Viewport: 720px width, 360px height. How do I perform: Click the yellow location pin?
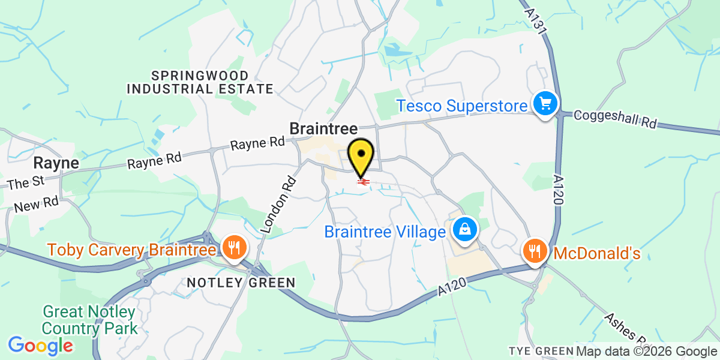[361, 157]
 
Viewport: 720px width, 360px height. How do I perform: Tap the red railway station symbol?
[362, 182]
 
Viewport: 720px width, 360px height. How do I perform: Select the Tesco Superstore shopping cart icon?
[545, 104]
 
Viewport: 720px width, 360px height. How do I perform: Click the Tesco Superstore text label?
[462, 106]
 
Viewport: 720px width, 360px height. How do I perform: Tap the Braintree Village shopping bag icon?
[464, 230]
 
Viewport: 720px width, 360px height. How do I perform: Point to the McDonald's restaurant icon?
[534, 250]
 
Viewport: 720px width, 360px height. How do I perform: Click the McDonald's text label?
[596, 253]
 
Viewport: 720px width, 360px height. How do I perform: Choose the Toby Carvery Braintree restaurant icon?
[232, 247]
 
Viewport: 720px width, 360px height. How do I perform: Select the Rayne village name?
[56, 163]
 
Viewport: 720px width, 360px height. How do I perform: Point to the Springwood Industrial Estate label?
[200, 82]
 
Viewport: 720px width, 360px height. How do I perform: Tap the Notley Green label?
[241, 283]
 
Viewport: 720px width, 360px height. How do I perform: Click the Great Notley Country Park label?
[90, 320]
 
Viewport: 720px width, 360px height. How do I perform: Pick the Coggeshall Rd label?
[615, 119]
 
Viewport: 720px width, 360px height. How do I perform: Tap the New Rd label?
[36, 204]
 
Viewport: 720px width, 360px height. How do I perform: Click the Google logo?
[40, 345]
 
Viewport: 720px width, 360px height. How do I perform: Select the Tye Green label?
[541, 351]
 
